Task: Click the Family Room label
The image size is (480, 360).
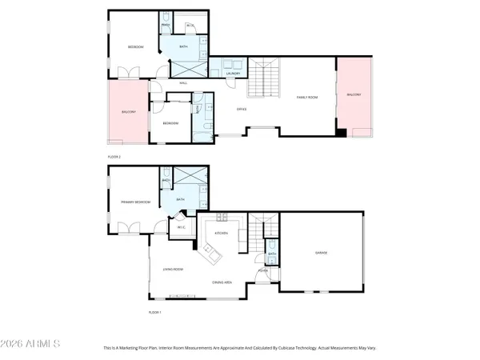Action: (x=307, y=97)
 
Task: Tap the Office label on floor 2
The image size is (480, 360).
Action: (x=241, y=109)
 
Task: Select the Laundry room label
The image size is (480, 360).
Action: (x=234, y=74)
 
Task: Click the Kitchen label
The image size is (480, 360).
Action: (x=222, y=233)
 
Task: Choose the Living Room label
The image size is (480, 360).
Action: (x=174, y=270)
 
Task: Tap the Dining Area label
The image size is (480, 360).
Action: (x=222, y=282)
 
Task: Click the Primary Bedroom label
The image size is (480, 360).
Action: (x=131, y=202)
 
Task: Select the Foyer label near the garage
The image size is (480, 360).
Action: (x=262, y=270)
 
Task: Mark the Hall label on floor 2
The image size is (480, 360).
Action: (x=183, y=82)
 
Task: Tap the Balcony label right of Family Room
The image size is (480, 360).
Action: (x=354, y=94)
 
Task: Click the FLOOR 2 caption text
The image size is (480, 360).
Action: (x=114, y=157)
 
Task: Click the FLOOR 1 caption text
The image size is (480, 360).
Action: (x=154, y=312)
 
